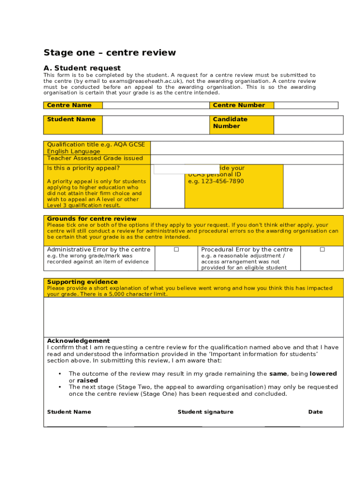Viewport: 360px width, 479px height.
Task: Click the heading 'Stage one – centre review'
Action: [x=109, y=52]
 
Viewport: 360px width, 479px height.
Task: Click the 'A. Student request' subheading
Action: [x=82, y=68]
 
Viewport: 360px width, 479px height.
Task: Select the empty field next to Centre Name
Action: [x=156, y=105]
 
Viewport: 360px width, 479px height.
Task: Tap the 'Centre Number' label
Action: [x=239, y=105]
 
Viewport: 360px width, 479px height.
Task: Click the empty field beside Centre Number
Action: [x=306, y=105]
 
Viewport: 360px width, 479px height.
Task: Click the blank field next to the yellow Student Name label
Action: [x=156, y=125]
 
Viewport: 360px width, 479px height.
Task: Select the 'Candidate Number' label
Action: [x=230, y=123]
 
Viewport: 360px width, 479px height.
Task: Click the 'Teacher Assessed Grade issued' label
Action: [x=95, y=158]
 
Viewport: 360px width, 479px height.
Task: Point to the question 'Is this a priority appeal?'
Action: [x=83, y=168]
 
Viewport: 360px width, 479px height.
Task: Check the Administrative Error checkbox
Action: [x=176, y=250]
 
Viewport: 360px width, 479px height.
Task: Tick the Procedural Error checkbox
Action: [x=322, y=250]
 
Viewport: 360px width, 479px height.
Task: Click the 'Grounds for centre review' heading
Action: [x=92, y=218]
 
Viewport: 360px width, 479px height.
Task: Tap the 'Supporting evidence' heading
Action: [x=82, y=282]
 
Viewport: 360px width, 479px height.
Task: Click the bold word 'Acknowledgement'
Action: [x=78, y=341]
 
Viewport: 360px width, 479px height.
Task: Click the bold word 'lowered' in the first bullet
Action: [x=323, y=374]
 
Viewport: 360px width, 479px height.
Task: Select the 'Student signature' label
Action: [x=205, y=412]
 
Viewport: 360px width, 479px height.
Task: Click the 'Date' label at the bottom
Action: [x=315, y=412]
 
